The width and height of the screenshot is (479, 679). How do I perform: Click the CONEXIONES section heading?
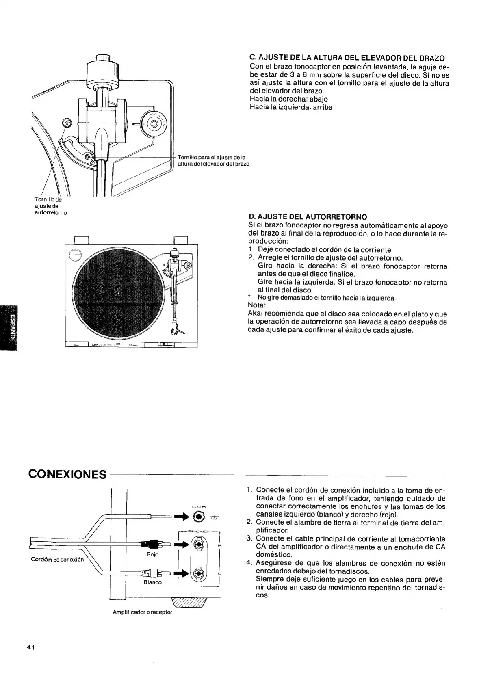pyautogui.click(x=67, y=474)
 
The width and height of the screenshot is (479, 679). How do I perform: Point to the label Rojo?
pyautogui.click(x=152, y=554)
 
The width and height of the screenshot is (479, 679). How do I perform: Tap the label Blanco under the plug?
pyautogui.click(x=152, y=582)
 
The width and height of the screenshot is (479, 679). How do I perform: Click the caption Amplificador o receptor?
pyautogui.click(x=142, y=612)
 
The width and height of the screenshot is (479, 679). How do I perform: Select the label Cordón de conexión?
pyautogui.click(x=57, y=559)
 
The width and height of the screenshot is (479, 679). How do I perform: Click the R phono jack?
pyautogui.click(x=198, y=545)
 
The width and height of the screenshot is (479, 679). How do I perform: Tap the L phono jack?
pyautogui.click(x=198, y=573)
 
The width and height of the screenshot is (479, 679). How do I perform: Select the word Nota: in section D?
pyautogui.click(x=257, y=305)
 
